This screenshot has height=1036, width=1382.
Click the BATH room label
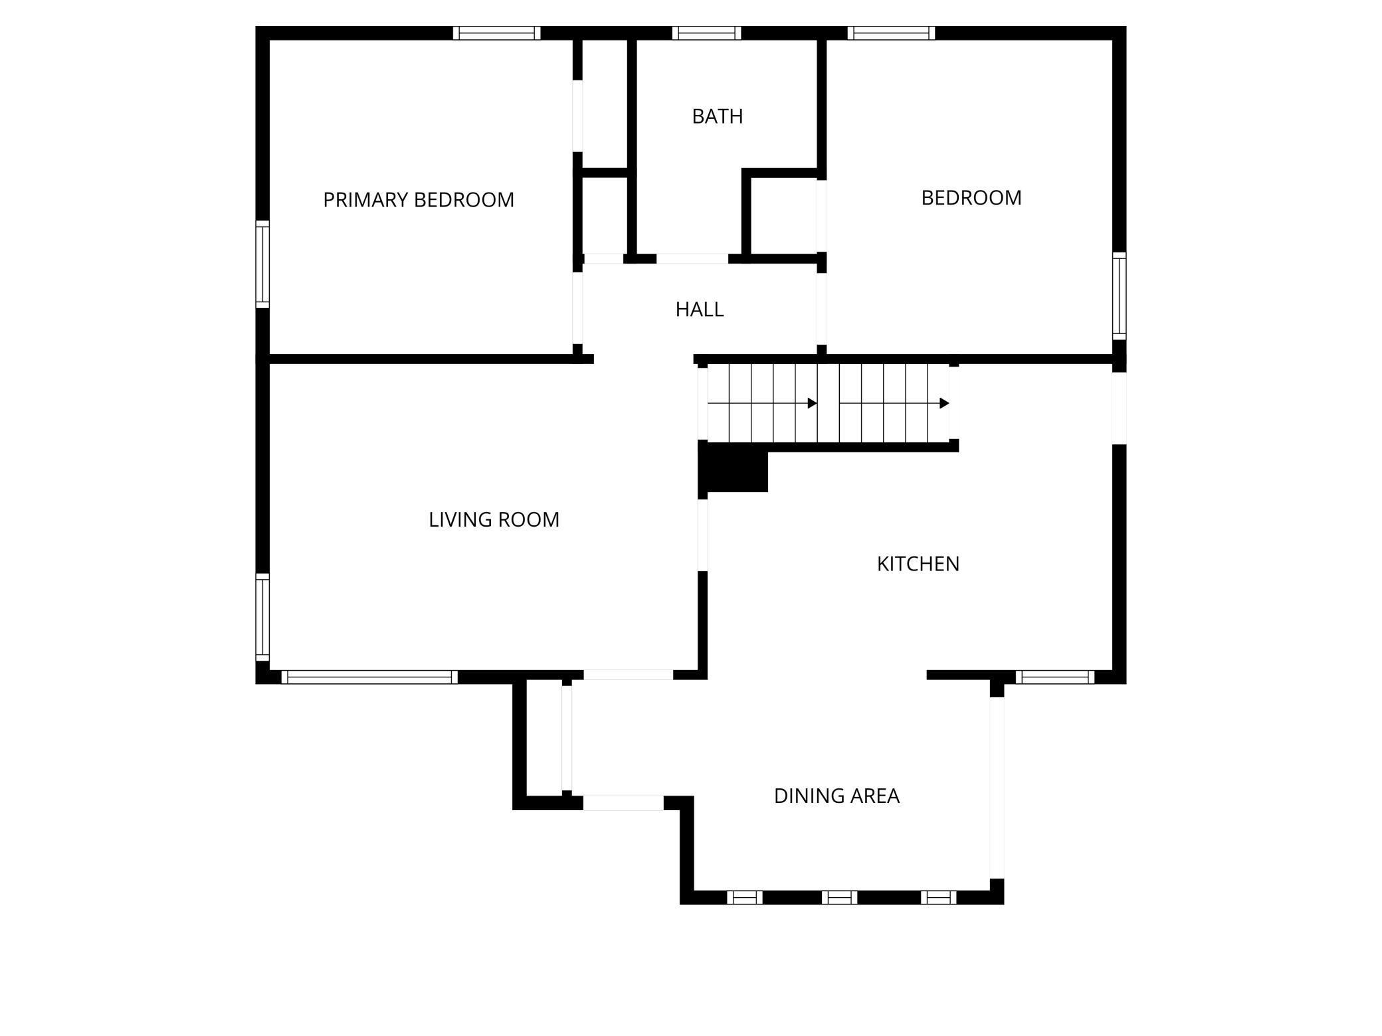pos(717,116)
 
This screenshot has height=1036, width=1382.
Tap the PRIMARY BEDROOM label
pos(418,200)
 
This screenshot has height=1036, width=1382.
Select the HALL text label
pos(699,309)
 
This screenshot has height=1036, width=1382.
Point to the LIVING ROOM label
pos(494,519)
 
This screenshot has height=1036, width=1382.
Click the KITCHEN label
pos(918,564)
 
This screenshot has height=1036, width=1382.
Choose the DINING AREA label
pos(836,796)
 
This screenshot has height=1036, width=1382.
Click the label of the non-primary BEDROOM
pos(971,198)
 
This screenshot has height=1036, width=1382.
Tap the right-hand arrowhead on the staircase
pos(944,403)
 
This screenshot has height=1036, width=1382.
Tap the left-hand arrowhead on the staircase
pos(812,403)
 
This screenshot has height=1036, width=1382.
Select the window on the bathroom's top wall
pos(706,33)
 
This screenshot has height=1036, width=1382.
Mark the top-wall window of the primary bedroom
pos(496,33)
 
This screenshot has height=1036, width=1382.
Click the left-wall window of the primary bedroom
pos(263,264)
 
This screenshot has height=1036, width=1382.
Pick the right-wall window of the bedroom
pos(1119,296)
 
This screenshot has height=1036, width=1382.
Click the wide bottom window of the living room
pos(369,677)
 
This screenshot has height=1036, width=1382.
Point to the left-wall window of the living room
pos(263,617)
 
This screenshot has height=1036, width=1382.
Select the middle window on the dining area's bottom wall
pos(839,897)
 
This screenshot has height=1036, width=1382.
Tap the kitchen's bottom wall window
pos(1054,677)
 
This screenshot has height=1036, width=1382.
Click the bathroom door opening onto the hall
pos(692,258)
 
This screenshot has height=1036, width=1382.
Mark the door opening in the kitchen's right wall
pos(1119,408)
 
